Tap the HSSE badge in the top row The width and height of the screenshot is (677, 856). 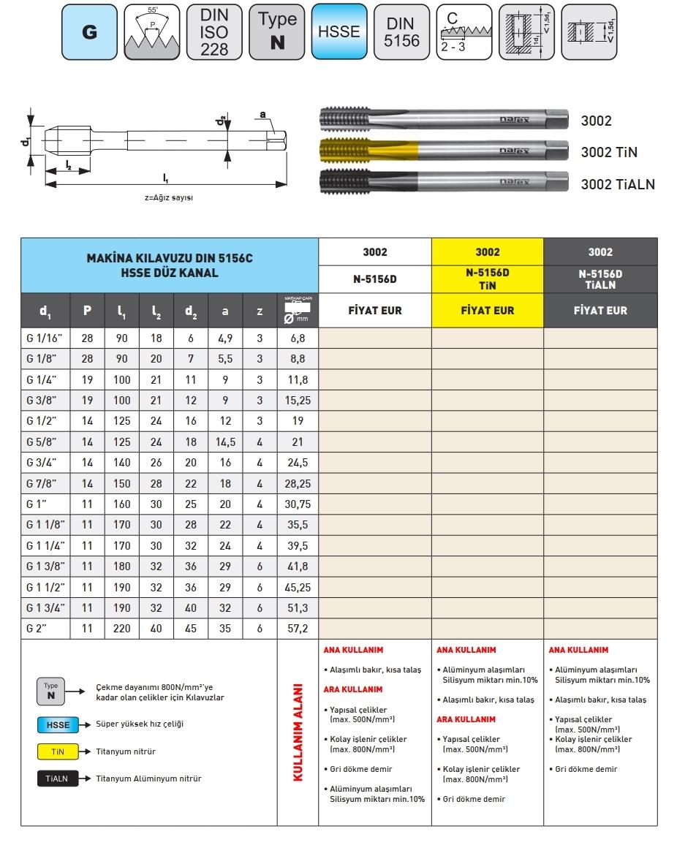point(339,33)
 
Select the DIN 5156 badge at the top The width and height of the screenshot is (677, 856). point(402,33)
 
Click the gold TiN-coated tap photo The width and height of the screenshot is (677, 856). point(443,151)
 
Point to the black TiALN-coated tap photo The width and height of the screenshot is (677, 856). point(443,182)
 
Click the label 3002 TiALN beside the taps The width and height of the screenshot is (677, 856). point(618,184)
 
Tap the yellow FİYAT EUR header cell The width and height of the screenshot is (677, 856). point(488,310)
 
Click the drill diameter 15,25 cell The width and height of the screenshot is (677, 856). point(298,400)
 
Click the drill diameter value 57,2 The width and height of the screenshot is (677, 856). point(298,628)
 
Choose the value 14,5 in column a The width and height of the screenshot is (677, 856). point(225,442)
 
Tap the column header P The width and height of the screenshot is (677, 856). point(87,311)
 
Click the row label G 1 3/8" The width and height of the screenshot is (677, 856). point(45,566)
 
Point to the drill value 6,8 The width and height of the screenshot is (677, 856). point(298,338)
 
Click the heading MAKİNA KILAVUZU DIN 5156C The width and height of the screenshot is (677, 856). point(170,260)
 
